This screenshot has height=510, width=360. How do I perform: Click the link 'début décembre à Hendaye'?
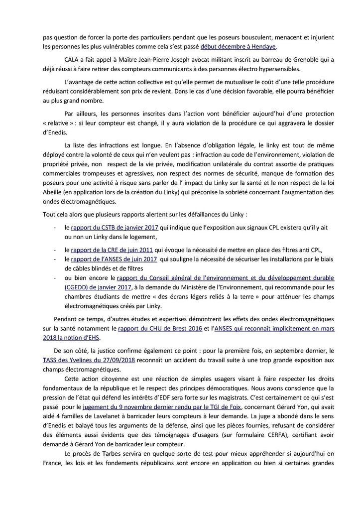pos(238,47)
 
